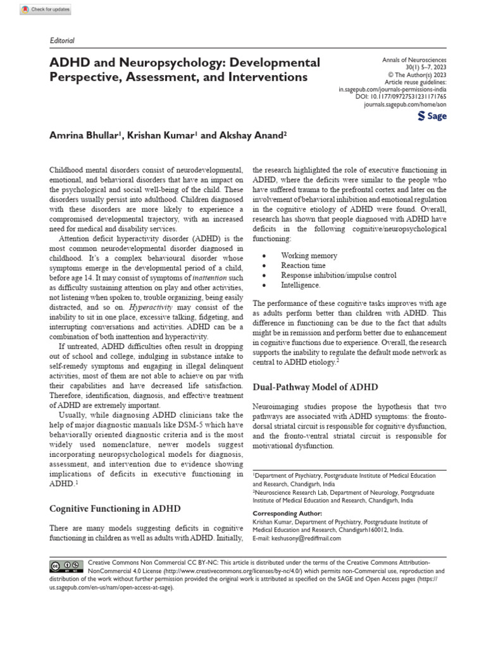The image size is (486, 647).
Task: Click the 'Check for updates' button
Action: [45, 9]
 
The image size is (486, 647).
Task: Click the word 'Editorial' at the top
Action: [62, 40]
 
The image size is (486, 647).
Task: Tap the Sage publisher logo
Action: [433, 118]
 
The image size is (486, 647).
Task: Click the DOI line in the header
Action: [409, 97]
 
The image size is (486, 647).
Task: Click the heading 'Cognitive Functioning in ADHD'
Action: [115, 509]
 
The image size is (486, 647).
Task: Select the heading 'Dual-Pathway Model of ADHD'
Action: [315, 387]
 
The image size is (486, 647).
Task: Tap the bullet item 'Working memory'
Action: [309, 256]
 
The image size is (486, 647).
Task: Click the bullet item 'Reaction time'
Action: [304, 265]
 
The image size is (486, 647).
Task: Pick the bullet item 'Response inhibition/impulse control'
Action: [339, 275]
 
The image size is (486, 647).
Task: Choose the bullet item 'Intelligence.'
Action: [301, 285]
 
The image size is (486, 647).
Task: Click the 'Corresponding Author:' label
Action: [287, 514]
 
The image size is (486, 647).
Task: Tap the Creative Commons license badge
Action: [66, 565]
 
